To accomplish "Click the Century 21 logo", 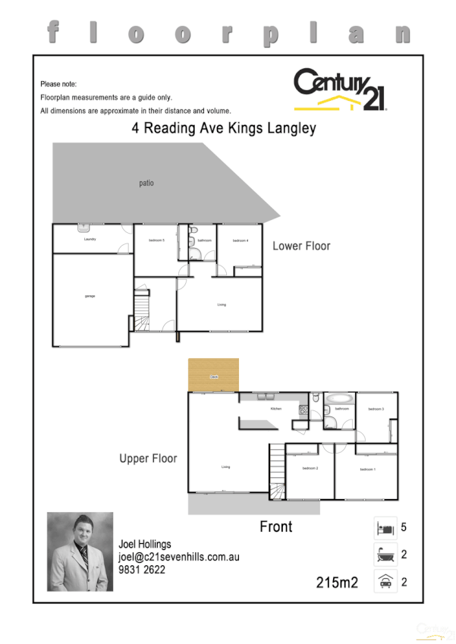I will coord(340,90).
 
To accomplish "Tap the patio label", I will coord(146,183).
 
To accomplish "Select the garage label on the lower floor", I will coord(90,296).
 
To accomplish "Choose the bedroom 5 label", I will coord(157,240).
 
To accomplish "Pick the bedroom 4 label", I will coord(241,240).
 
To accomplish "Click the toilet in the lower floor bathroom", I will coord(194,231).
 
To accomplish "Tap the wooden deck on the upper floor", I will coord(214,375).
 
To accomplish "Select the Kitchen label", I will coord(276,409).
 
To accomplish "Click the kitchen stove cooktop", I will coord(303,410).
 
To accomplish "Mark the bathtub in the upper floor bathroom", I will coord(338,397).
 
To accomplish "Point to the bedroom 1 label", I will coord(368,470).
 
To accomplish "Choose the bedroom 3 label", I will coord(377,409).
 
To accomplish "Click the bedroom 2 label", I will coord(310,468).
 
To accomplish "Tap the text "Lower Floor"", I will coord(301,246).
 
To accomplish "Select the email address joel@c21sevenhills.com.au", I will coord(179,557).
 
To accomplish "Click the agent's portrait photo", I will coord(80,551).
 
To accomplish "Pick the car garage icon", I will coord(384,582).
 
